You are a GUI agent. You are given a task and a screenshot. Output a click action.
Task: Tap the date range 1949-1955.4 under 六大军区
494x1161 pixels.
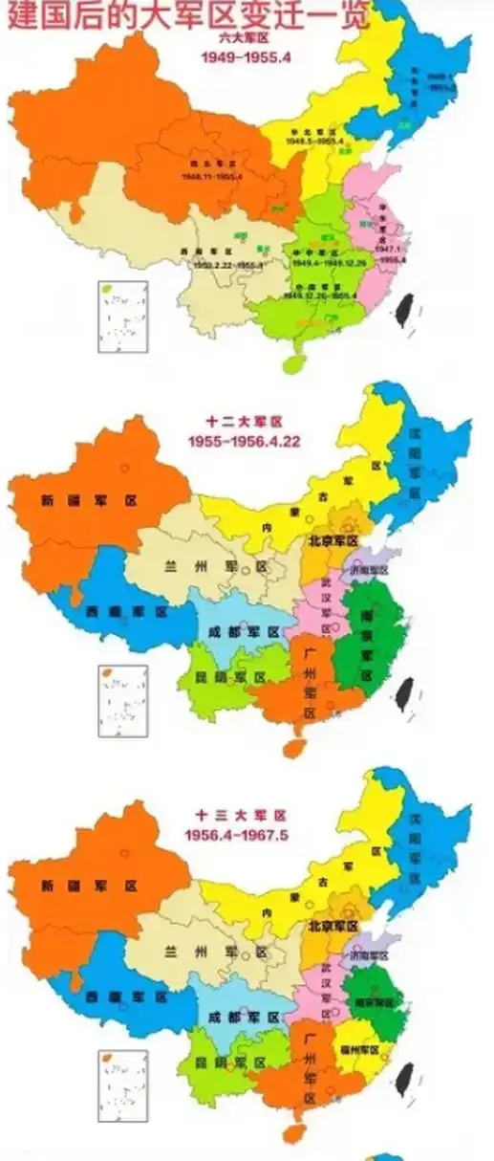point(247,57)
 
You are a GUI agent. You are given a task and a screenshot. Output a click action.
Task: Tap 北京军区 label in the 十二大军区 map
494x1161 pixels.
point(333,541)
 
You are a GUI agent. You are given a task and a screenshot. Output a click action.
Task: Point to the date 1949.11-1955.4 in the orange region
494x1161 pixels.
point(213,177)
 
